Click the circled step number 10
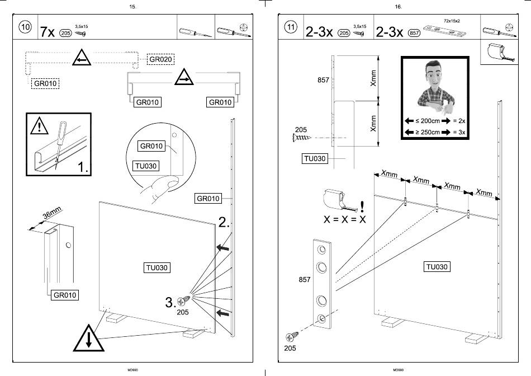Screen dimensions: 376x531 pyautogui.click(x=25, y=29)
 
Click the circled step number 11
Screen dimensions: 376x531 pyautogui.click(x=291, y=29)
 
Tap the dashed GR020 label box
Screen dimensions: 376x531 pyautogui.click(x=161, y=59)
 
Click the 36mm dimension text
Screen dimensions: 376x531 pyautogui.click(x=52, y=215)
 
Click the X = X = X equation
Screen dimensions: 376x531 pyautogui.click(x=345, y=219)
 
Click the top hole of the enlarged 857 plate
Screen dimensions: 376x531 pyautogui.click(x=322, y=250)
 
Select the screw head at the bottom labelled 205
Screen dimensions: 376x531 pyautogui.click(x=291, y=337)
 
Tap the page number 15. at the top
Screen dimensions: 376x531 pyautogui.click(x=132, y=7)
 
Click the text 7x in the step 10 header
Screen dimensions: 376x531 pyautogui.click(x=48, y=32)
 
